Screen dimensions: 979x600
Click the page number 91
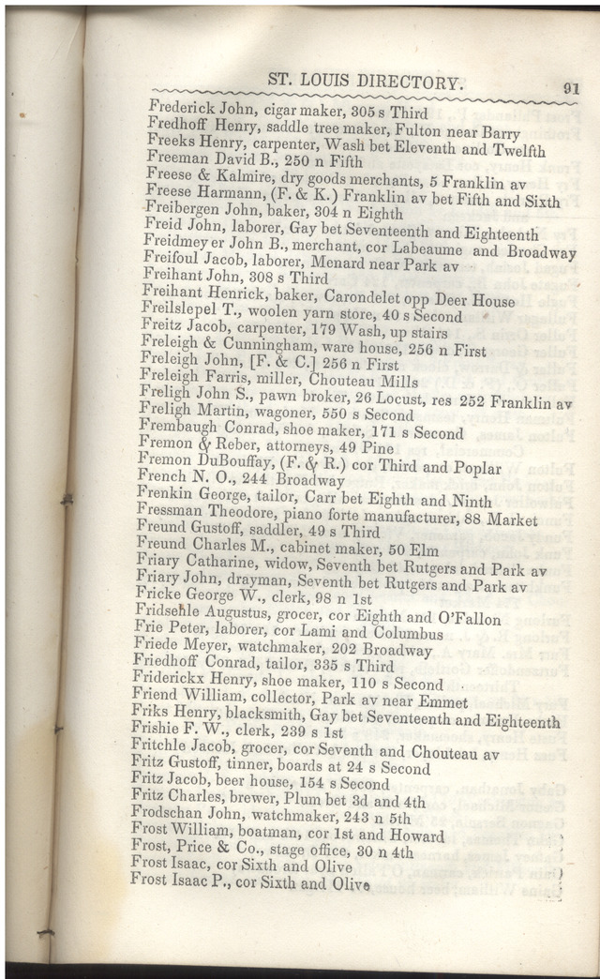(570, 87)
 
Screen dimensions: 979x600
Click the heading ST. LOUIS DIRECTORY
(365, 82)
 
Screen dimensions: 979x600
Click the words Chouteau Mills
(343, 381)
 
